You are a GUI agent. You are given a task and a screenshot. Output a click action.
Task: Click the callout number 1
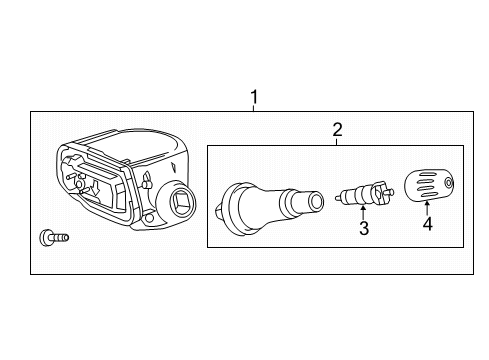point(255,97)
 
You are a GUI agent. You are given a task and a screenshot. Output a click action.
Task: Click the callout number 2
point(338,129)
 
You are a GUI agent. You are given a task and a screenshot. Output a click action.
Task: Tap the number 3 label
point(364,229)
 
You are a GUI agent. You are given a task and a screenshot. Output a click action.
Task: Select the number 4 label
point(427,225)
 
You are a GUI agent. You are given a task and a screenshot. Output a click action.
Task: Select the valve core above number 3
point(363,190)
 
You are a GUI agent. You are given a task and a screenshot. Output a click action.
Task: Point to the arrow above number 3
point(363,209)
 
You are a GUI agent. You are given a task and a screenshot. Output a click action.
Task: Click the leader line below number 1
point(255,108)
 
